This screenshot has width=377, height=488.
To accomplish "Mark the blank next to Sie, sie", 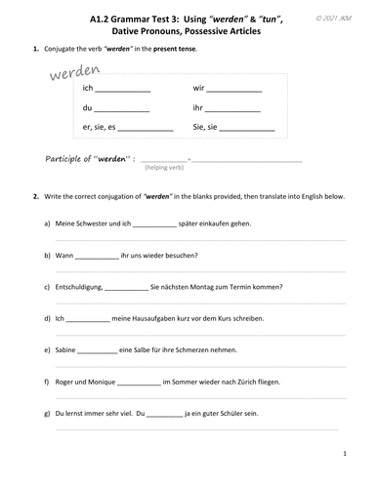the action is [246, 128].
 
